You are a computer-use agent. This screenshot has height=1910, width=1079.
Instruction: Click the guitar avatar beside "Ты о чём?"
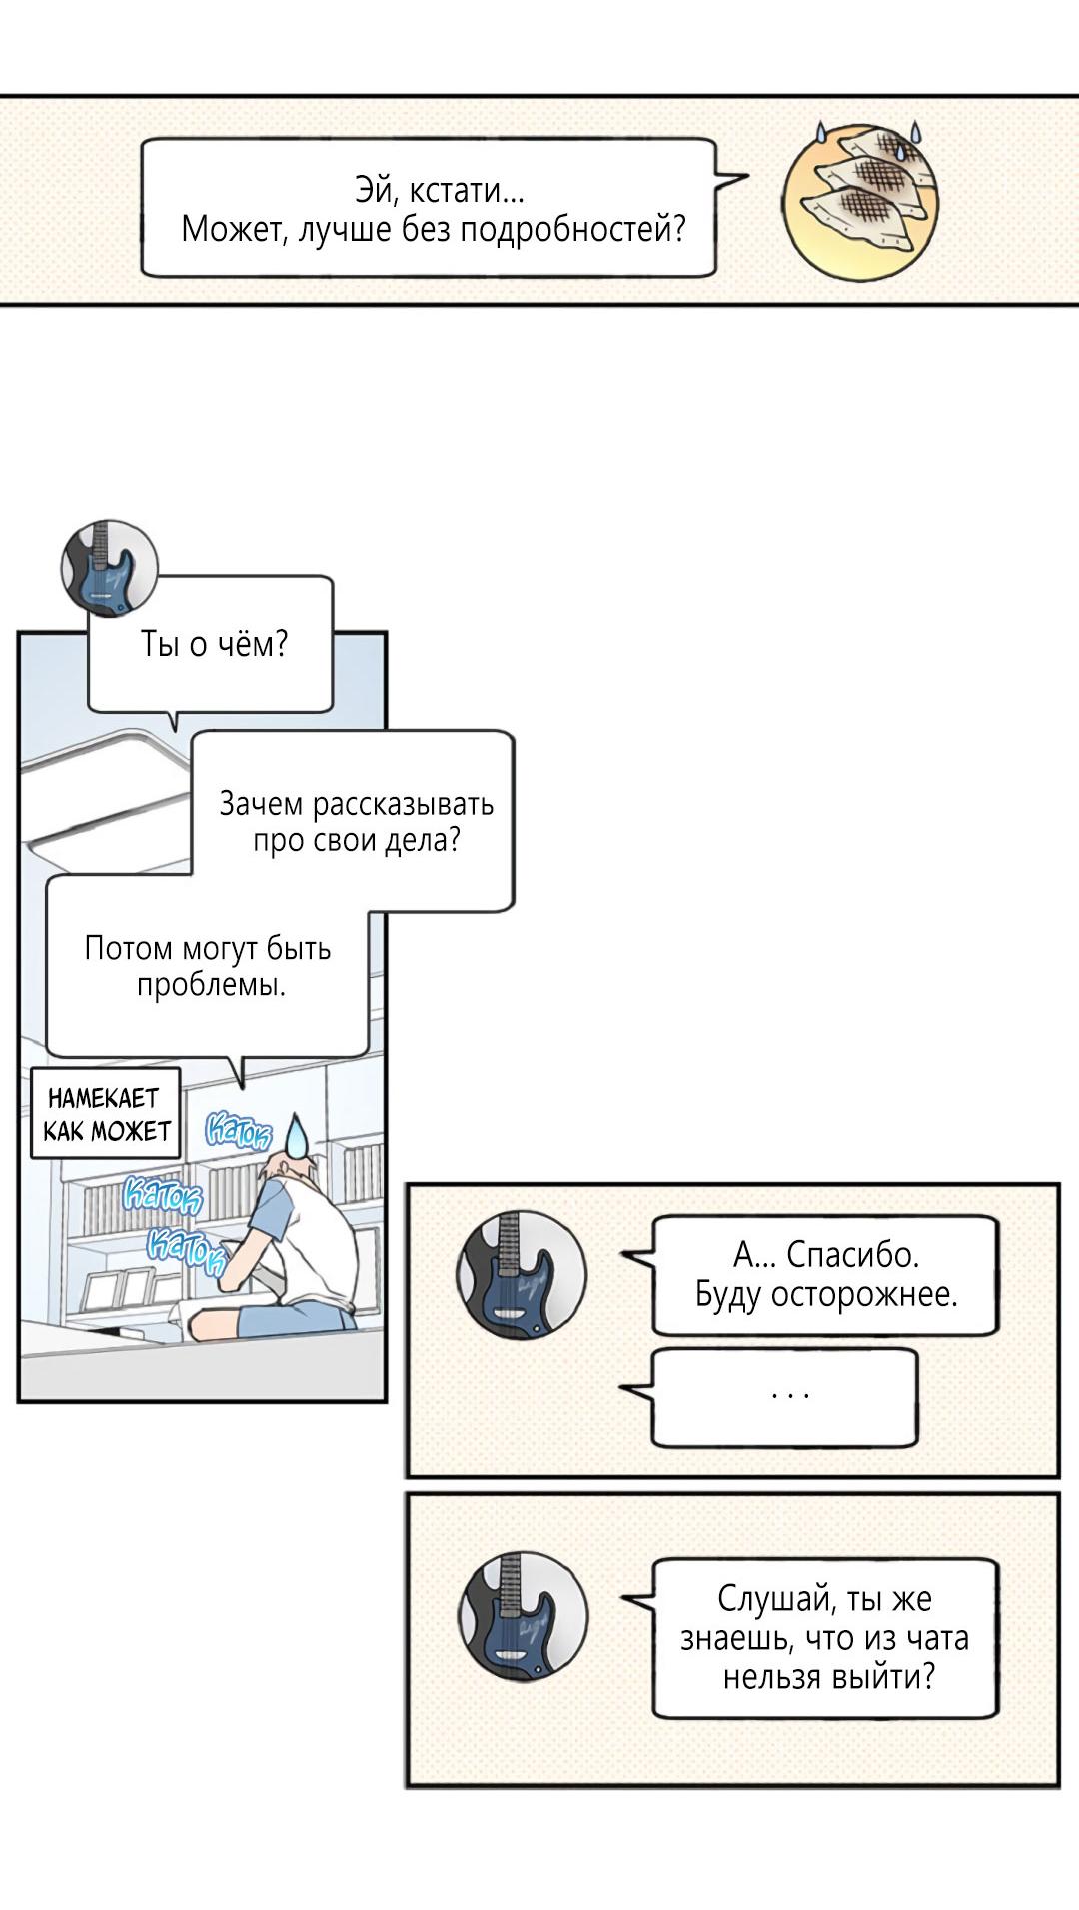tap(109, 565)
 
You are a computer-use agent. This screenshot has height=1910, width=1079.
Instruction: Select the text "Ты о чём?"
tap(214, 644)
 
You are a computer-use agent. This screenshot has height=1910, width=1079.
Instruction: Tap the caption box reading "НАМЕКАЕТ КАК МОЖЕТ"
tap(106, 1114)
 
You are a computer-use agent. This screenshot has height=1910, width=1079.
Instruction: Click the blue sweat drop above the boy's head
tap(296, 1135)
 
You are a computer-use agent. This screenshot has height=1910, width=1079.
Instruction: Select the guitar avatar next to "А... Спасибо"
tap(521, 1274)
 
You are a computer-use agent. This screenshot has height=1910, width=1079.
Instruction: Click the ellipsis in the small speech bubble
tap(790, 1393)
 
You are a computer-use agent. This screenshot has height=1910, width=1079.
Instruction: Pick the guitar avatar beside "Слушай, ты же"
tap(522, 1616)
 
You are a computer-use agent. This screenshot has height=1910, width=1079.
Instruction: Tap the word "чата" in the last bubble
tap(936, 1638)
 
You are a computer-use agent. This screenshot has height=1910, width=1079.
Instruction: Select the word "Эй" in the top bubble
tap(370, 190)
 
